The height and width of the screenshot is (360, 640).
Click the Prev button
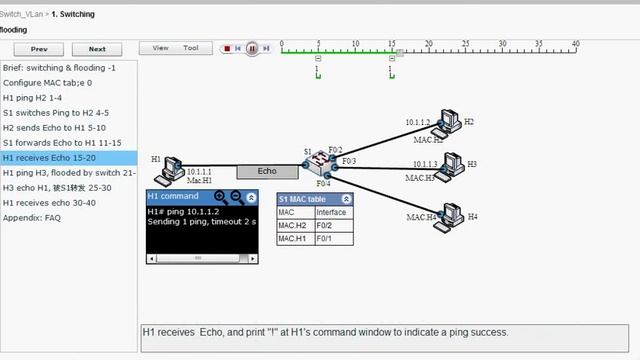(x=39, y=48)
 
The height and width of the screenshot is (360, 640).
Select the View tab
(x=160, y=48)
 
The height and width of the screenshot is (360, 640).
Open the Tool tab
(x=190, y=48)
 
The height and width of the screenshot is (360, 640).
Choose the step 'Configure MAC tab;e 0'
(x=47, y=82)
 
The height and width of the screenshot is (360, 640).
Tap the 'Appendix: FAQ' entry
(x=32, y=217)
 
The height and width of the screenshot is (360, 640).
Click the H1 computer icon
(x=172, y=166)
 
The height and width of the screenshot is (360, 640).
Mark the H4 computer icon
(x=448, y=219)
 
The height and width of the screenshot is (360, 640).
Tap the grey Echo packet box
(x=267, y=171)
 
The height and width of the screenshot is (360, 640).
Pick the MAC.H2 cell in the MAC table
(x=293, y=225)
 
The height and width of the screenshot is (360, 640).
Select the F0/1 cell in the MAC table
(x=330, y=239)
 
